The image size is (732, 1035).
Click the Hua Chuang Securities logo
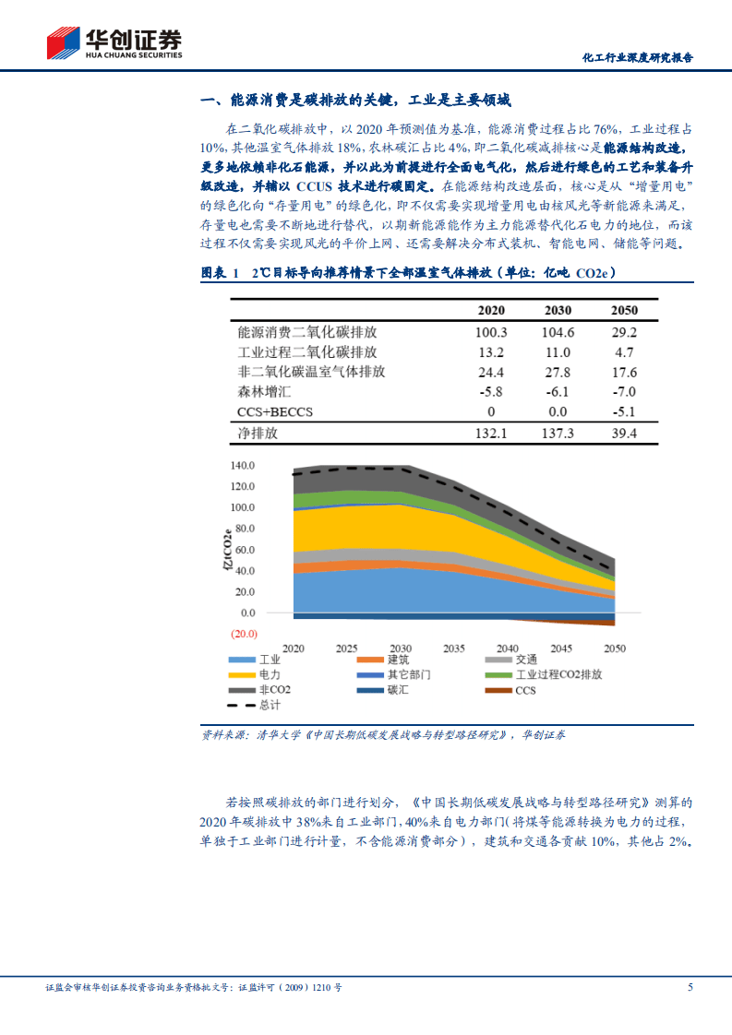114,42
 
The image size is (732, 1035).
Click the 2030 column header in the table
558,310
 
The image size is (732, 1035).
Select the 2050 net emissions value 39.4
624,433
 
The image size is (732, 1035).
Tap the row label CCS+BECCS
275,411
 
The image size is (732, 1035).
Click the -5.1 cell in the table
624,411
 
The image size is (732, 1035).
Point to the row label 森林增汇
263,392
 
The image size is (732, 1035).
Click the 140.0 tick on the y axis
241,466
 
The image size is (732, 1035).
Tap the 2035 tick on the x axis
453,648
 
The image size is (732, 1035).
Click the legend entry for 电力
270,674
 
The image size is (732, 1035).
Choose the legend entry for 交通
525,659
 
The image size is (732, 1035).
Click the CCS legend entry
524,690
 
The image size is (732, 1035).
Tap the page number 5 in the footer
690,987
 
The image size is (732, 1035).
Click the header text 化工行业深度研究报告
638,56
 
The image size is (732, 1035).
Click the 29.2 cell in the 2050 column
624,332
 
